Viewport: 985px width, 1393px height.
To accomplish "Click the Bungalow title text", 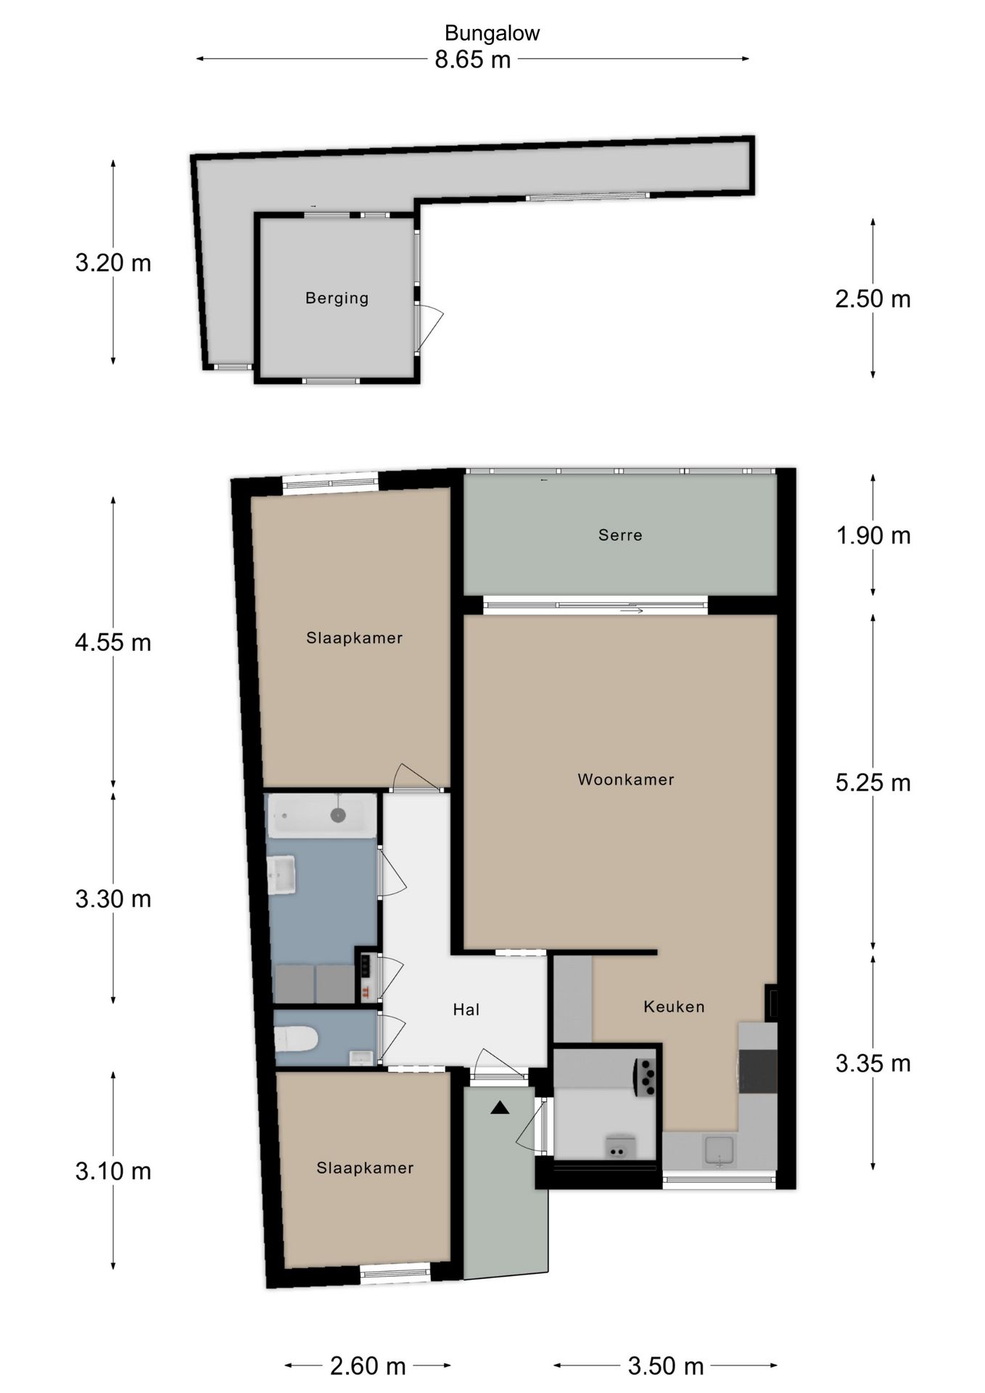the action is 492,33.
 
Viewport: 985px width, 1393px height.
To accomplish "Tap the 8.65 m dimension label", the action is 473,59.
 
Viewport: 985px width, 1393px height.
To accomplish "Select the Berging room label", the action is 337,298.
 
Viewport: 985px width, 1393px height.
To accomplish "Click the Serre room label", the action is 620,535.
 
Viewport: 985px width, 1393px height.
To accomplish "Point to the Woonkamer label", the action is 626,780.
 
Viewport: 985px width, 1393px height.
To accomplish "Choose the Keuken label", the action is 674,1007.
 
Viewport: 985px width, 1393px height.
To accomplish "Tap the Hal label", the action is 466,1009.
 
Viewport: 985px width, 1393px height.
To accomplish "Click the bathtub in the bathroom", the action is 322,815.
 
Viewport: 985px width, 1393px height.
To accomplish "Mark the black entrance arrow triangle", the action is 500,1108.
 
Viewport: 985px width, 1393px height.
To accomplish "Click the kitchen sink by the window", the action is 719,1151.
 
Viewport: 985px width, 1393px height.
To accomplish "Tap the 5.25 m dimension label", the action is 873,783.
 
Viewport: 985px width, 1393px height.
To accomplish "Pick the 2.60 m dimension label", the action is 368,1366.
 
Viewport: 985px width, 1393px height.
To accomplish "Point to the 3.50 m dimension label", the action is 666,1366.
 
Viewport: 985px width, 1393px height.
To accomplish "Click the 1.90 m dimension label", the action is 873,536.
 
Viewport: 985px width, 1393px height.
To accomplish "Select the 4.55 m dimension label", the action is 113,643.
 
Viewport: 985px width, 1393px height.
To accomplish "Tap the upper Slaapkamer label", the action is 354,638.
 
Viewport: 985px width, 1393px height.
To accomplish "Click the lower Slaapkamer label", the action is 365,1168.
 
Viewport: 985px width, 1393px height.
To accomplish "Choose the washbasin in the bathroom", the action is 282,875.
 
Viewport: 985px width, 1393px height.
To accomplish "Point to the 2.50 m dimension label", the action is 873,299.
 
